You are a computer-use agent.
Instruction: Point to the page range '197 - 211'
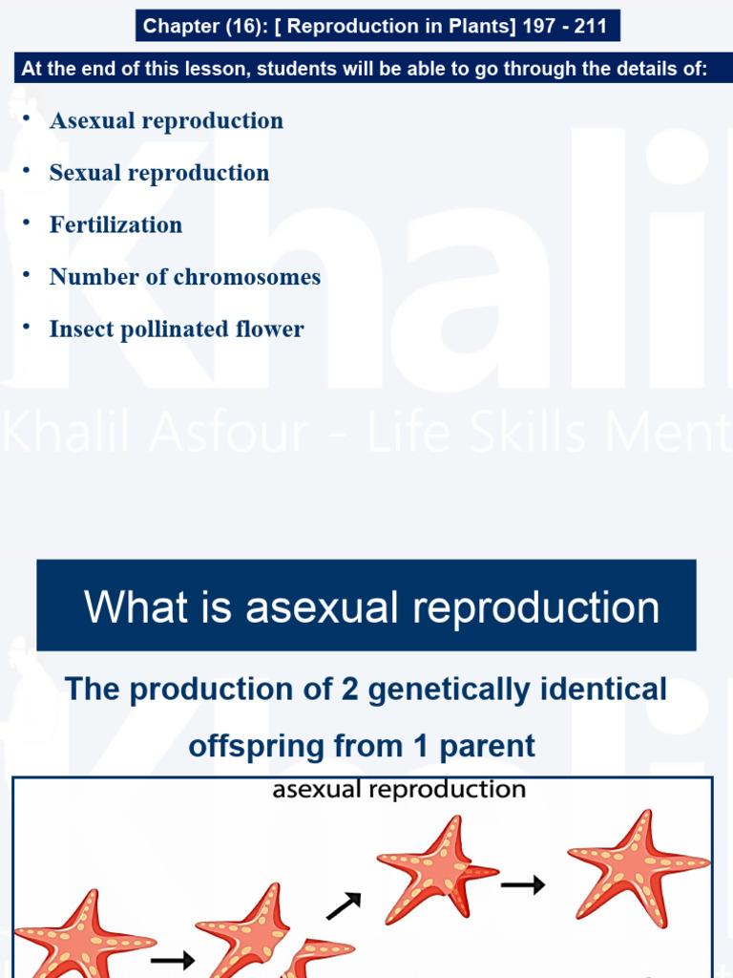tap(563, 26)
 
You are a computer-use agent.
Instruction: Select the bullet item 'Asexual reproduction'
tap(166, 121)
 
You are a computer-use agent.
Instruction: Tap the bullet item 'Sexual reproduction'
tap(159, 173)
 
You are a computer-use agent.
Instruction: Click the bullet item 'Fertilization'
tap(115, 225)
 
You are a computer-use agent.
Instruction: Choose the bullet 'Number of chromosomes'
tap(185, 277)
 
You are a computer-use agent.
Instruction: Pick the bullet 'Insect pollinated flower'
tap(177, 330)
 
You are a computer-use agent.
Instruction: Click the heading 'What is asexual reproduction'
tap(371, 607)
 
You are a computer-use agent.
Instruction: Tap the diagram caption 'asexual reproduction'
tap(399, 790)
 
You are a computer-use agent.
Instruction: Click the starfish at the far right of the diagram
tap(638, 865)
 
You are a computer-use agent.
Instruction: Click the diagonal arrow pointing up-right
tap(344, 904)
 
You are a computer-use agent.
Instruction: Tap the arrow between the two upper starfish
tap(523, 885)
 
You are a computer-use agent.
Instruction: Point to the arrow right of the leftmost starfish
tap(172, 959)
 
